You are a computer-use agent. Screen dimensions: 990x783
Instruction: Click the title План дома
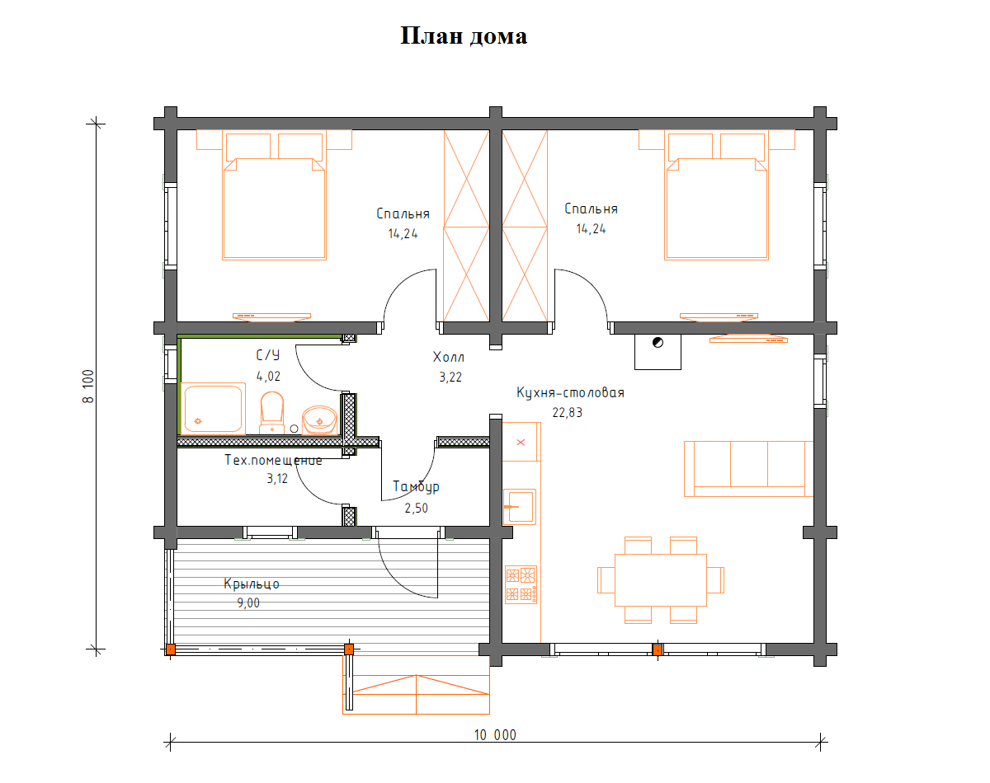click(x=464, y=36)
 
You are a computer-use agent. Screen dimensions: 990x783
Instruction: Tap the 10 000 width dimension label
click(x=495, y=735)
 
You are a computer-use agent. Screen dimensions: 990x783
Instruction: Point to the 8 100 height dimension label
click(x=88, y=387)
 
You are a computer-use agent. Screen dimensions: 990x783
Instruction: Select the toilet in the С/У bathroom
click(x=271, y=412)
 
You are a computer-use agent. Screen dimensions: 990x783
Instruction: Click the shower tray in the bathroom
click(x=213, y=408)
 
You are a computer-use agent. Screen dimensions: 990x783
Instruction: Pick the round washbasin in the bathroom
click(x=319, y=420)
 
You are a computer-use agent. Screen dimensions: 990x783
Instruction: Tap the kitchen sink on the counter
click(x=520, y=507)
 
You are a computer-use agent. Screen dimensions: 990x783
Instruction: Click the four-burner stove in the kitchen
click(x=521, y=584)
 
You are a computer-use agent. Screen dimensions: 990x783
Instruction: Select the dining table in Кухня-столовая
click(x=661, y=579)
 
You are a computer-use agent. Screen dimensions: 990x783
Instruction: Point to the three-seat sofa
click(x=748, y=468)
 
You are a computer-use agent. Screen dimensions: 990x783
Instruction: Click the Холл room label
click(x=449, y=357)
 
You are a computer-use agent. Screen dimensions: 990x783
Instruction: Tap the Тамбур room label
click(x=416, y=487)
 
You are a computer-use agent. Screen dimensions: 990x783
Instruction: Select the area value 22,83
click(x=568, y=412)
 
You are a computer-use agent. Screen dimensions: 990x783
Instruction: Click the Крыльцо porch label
click(x=252, y=584)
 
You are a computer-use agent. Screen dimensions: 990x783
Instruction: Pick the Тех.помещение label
click(x=273, y=460)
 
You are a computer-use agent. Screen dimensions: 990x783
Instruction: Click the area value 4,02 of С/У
click(x=268, y=377)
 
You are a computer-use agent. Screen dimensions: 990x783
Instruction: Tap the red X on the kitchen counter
click(x=521, y=443)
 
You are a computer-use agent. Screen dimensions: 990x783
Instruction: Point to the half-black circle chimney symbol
click(x=658, y=343)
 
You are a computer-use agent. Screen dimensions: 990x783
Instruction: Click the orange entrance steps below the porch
click(x=416, y=685)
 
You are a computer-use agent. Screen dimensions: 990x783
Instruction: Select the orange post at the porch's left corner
click(x=171, y=649)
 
